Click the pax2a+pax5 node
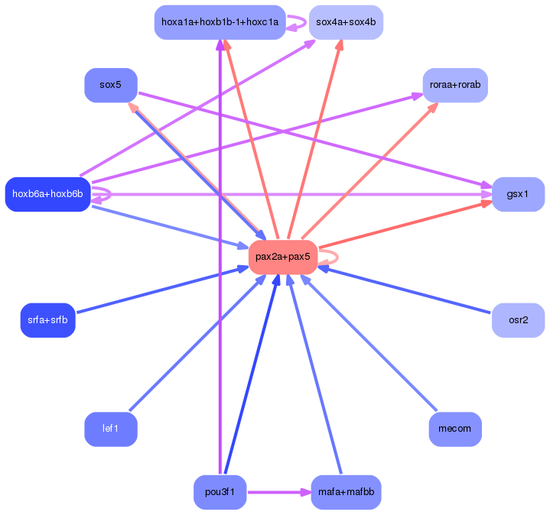(x=283, y=257)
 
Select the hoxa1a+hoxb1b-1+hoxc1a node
(x=220, y=22)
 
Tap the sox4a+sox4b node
(x=346, y=22)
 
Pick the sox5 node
(x=110, y=85)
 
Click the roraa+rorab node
(x=455, y=85)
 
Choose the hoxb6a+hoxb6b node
(x=47, y=194)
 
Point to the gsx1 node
(x=518, y=194)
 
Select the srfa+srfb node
(x=47, y=320)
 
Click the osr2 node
(x=518, y=320)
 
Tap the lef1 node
(x=110, y=429)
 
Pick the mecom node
(x=455, y=429)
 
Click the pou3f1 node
(x=220, y=492)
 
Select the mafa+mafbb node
(x=346, y=492)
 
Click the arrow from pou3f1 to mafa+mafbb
(x=279, y=492)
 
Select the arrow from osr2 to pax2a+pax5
(x=404, y=290)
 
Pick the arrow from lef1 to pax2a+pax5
(x=197, y=342)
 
